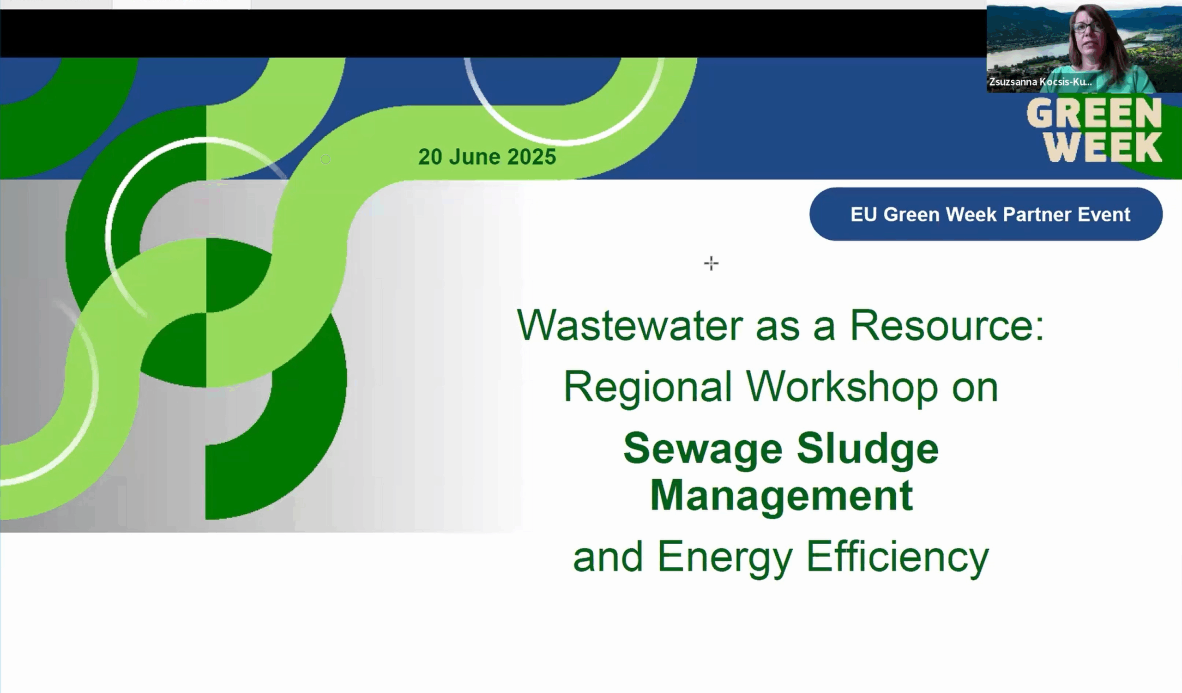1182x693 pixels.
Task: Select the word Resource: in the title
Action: pyautogui.click(x=947, y=325)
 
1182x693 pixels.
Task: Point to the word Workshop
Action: pyautogui.click(x=842, y=387)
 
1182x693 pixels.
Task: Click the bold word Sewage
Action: pyautogui.click(x=703, y=449)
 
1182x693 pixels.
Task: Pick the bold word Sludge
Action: pyautogui.click(x=868, y=449)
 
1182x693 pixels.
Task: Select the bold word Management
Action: pyautogui.click(x=781, y=495)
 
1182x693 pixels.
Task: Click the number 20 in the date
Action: pyautogui.click(x=430, y=157)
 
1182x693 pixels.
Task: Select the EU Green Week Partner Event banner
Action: pyautogui.click(x=986, y=214)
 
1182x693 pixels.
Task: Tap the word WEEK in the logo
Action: pyautogui.click(x=1103, y=147)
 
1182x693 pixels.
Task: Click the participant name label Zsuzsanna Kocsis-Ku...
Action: pyautogui.click(x=1040, y=82)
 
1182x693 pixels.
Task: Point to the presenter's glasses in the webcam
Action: pyautogui.click(x=1088, y=26)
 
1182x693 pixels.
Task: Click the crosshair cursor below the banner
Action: pyautogui.click(x=711, y=263)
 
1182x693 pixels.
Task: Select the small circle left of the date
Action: pyautogui.click(x=326, y=159)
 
